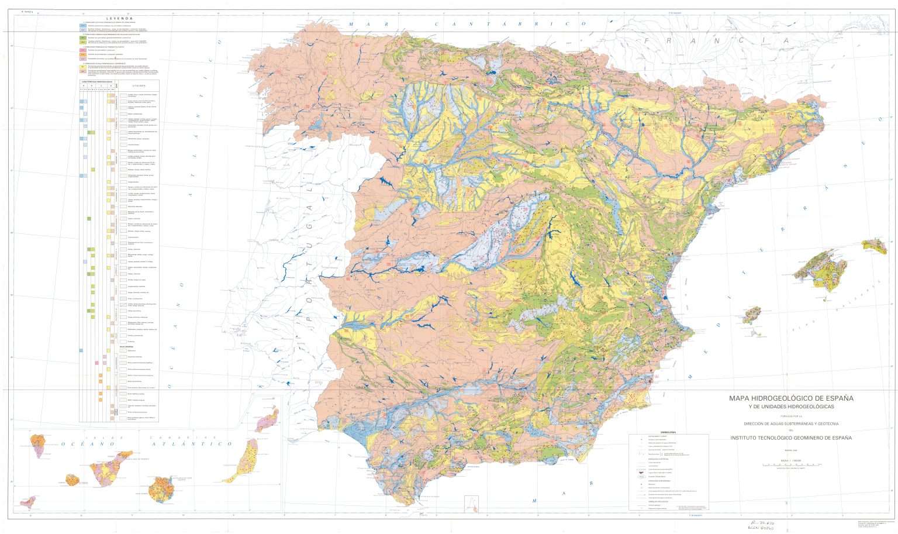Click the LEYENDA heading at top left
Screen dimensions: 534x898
122,18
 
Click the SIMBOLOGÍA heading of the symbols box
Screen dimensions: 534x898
668,433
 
